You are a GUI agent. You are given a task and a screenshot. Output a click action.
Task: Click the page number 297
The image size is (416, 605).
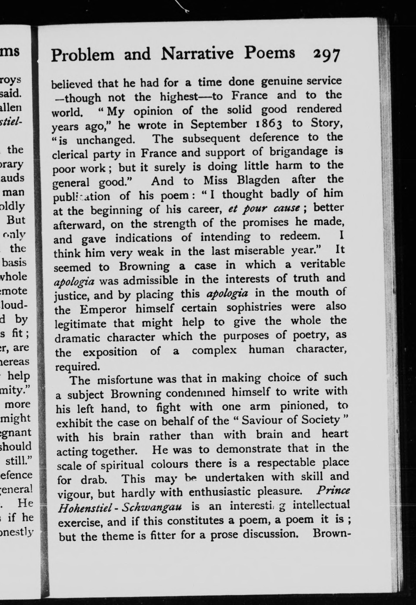327,55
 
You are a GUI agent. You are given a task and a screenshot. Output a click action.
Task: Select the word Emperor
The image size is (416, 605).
103,309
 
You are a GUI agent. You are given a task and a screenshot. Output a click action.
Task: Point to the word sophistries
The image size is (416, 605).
254,308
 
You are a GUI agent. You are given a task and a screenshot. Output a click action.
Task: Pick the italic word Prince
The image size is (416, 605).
333,490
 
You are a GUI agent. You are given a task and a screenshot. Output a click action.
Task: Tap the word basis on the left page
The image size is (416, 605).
14,262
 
